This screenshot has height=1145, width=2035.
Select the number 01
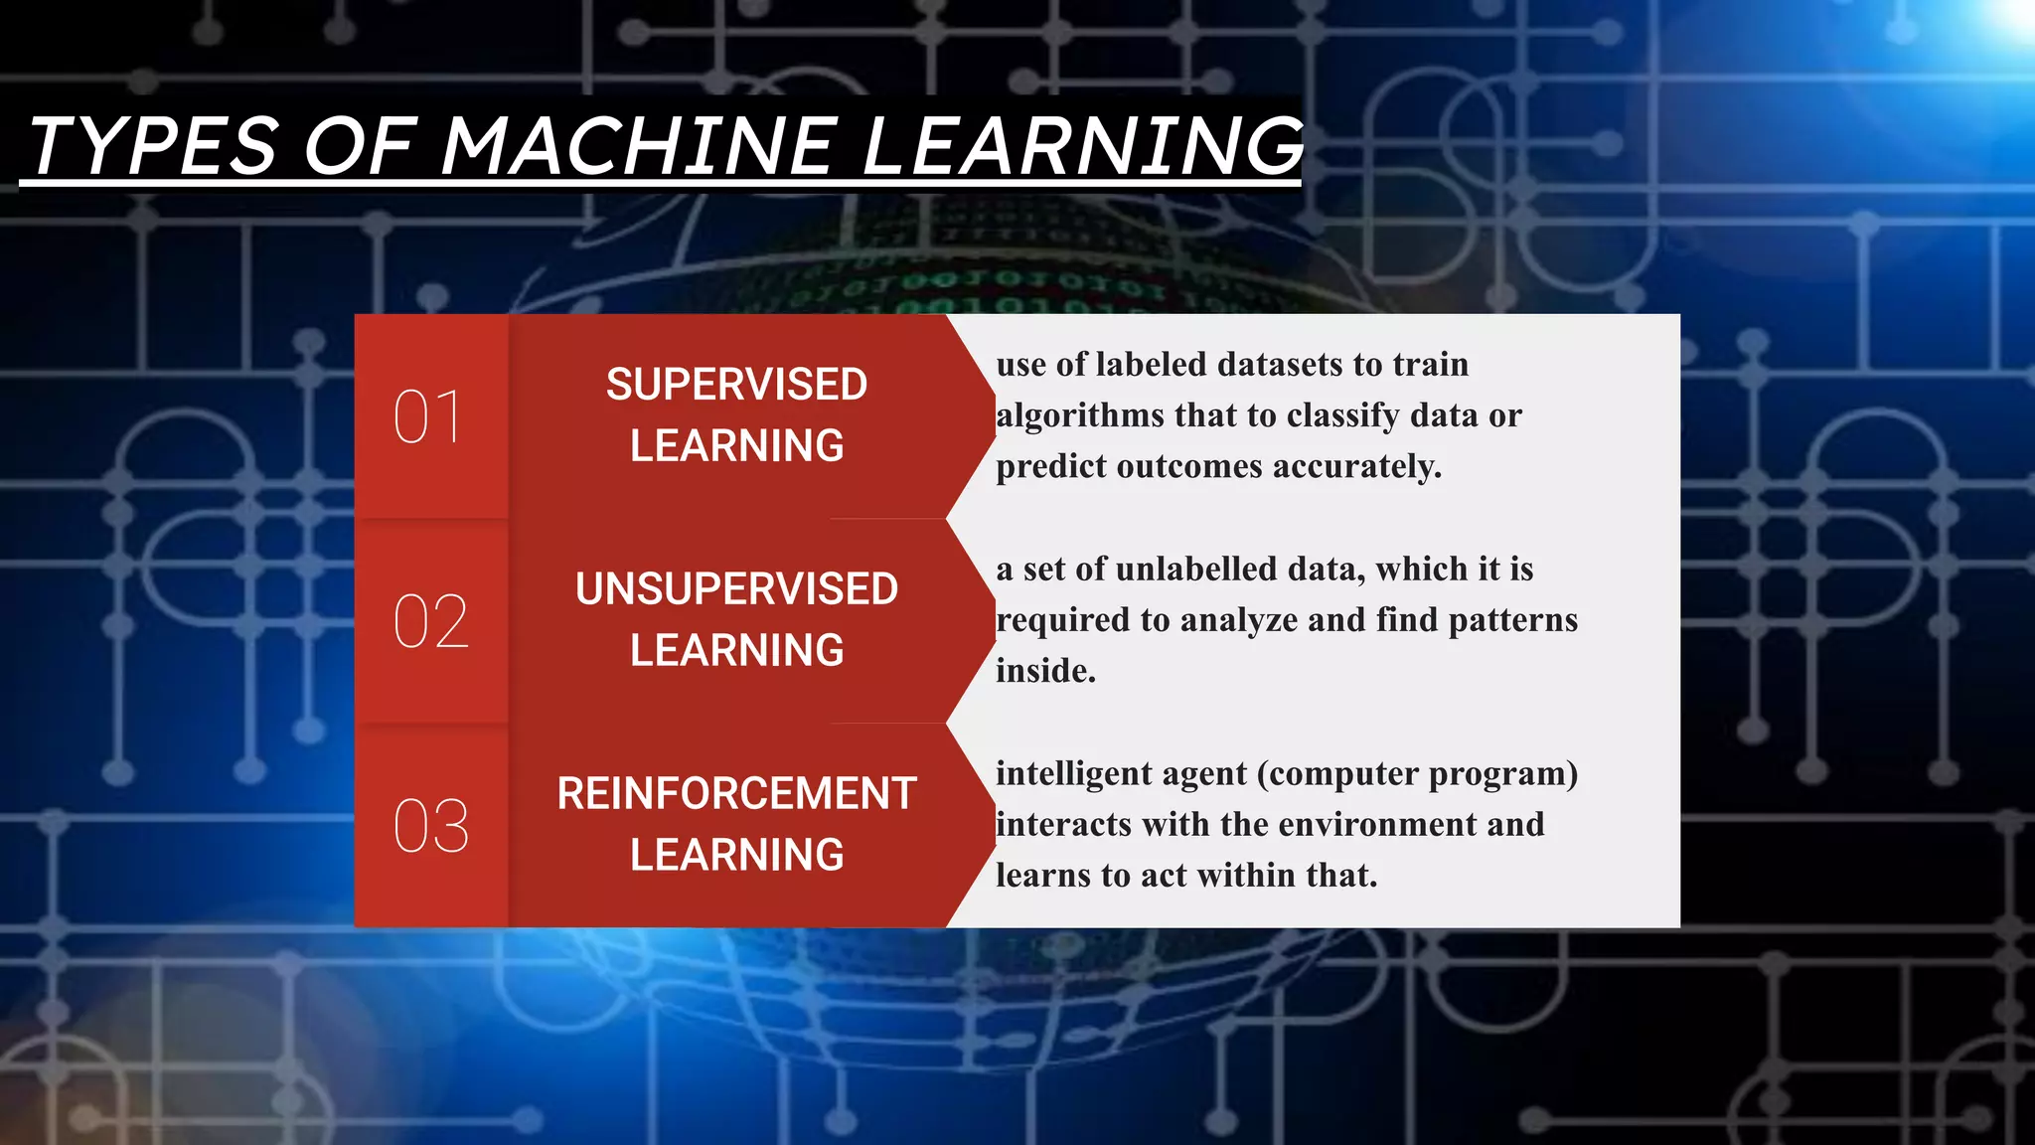pos(427,416)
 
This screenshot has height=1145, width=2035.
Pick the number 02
pos(430,621)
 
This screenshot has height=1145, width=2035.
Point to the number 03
pos(430,826)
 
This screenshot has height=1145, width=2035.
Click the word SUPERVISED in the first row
pos(736,385)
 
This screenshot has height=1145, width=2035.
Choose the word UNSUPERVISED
pos(736,589)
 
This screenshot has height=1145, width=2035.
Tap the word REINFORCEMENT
pos(736,794)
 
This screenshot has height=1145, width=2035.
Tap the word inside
pos(1045,671)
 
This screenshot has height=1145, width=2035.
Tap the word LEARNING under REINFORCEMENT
pos(736,855)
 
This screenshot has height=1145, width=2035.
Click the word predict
pos(1051,466)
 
